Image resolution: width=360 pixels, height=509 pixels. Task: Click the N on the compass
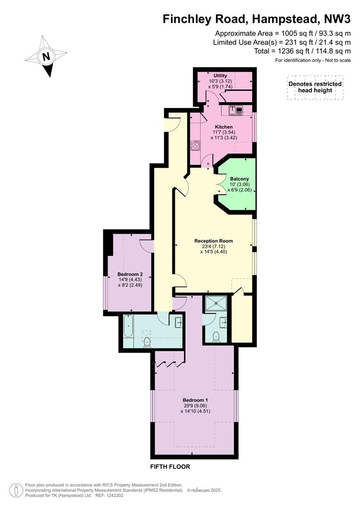point(47,57)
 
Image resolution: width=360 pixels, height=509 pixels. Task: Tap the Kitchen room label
point(224,127)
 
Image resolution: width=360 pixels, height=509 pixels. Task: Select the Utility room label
point(220,75)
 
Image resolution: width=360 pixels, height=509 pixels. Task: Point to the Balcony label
point(239,179)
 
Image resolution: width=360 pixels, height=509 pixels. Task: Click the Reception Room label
point(213,241)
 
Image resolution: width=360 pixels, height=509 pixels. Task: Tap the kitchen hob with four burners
point(195,145)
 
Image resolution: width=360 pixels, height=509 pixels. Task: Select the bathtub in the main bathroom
point(128,327)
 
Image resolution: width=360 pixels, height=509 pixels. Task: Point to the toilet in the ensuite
point(216,337)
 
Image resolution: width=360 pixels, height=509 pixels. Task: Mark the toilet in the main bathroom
point(147,342)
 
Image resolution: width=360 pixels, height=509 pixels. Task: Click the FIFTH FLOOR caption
point(170,467)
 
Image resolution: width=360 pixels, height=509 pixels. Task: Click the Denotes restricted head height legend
point(315,87)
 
